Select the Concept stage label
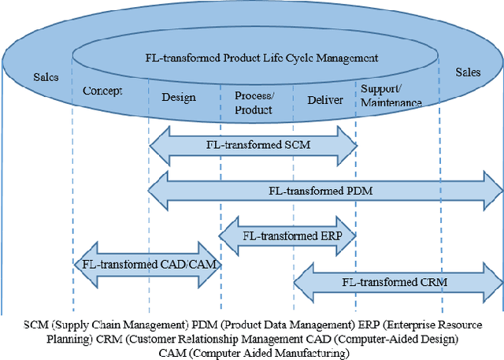click(102, 91)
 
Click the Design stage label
click(178, 97)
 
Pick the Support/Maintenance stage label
click(391, 96)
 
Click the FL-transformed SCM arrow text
click(253, 145)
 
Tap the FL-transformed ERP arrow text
click(287, 235)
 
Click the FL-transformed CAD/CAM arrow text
click(146, 265)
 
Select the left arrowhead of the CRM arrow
click(300, 280)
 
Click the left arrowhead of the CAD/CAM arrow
click(79, 265)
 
